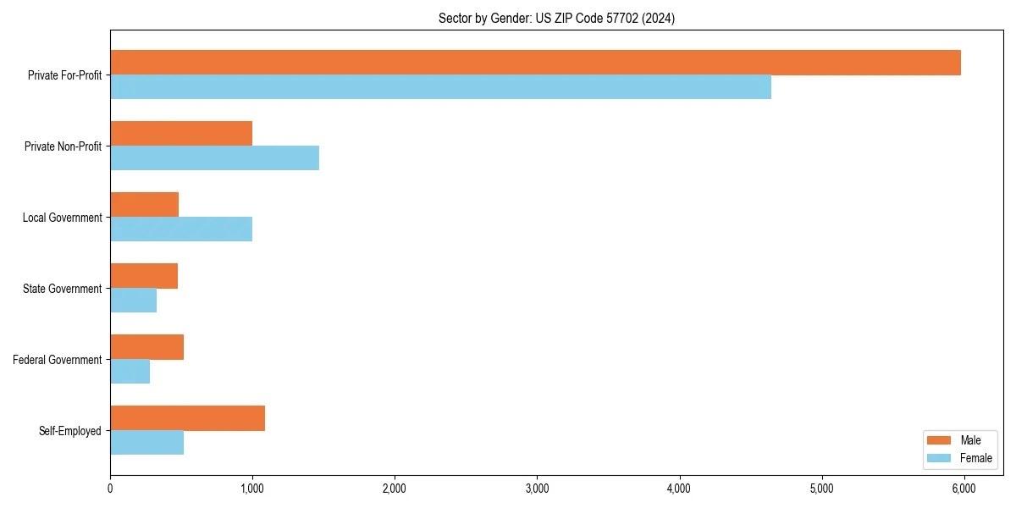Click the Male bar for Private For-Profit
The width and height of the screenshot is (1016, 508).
[535, 63]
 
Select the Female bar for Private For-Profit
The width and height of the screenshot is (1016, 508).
[440, 87]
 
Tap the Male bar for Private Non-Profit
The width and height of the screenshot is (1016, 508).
[181, 134]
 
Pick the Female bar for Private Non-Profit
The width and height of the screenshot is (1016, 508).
[214, 158]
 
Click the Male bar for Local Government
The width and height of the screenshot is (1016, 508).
[144, 205]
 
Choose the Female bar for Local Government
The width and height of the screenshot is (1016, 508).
[181, 229]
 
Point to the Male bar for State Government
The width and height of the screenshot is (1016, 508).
[144, 276]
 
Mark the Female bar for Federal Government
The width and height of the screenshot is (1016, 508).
[130, 372]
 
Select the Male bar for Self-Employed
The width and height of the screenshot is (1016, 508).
[187, 418]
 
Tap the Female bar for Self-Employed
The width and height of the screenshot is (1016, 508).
[146, 443]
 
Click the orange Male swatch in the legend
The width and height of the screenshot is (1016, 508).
[940, 440]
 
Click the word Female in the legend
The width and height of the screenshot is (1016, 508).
[975, 458]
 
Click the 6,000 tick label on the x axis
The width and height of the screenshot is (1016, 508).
[964, 489]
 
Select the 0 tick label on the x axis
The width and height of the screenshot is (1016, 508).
[110, 489]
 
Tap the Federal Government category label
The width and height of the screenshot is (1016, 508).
[57, 360]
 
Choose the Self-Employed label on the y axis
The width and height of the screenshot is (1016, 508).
[69, 431]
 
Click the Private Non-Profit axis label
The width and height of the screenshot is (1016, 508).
[63, 146]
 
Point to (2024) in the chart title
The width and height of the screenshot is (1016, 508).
[659, 18]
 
